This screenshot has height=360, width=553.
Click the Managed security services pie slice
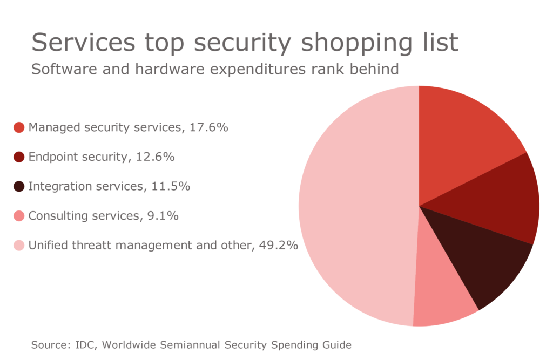pyautogui.click(x=462, y=140)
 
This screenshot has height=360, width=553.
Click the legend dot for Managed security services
pyautogui.click(x=19, y=127)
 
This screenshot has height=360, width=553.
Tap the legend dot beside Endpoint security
pyautogui.click(x=19, y=157)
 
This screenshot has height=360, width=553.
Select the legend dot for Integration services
pyautogui.click(x=19, y=187)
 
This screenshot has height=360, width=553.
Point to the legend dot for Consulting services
pyautogui.click(x=19, y=216)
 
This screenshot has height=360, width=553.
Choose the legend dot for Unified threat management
pyautogui.click(x=19, y=246)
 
